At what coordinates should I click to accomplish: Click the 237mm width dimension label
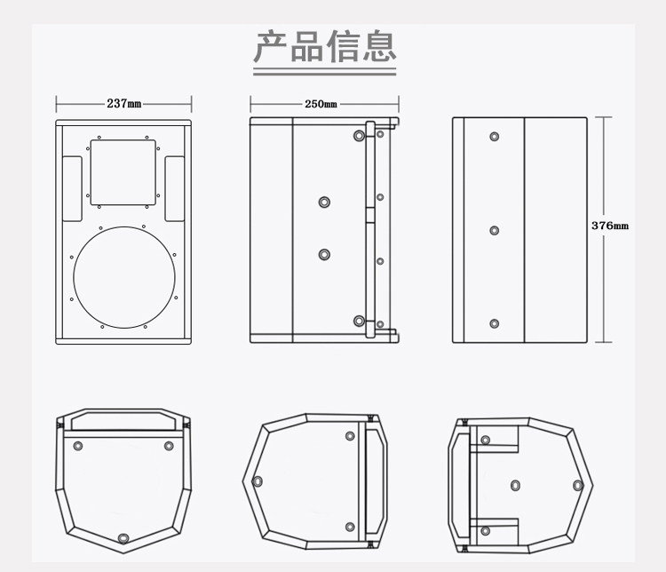(x=124, y=103)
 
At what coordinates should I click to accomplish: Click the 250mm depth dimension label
(x=321, y=104)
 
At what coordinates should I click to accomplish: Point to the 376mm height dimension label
(x=610, y=226)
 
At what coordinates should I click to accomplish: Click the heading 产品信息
(x=325, y=46)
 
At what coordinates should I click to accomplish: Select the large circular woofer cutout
(x=124, y=226)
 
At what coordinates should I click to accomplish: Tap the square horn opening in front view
(x=123, y=172)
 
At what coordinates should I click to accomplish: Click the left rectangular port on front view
(x=72, y=188)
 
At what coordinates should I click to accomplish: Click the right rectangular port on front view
(x=175, y=188)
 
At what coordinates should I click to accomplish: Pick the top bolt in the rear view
(x=494, y=137)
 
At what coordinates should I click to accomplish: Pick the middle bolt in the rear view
(x=494, y=230)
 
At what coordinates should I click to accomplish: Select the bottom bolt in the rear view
(x=494, y=324)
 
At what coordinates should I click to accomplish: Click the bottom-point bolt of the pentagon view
(x=123, y=538)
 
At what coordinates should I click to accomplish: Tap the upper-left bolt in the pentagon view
(x=78, y=446)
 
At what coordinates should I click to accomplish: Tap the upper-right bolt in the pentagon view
(x=169, y=446)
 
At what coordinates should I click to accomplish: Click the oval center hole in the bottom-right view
(x=515, y=485)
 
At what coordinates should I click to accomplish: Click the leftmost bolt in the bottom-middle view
(x=258, y=481)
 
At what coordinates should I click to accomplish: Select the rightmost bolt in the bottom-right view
(x=577, y=485)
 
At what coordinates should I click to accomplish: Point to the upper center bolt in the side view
(x=324, y=202)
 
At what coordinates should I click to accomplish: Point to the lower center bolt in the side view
(x=324, y=255)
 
